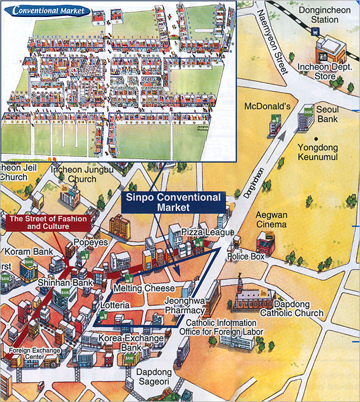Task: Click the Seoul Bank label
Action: [328, 114]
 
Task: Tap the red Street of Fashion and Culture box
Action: [48, 222]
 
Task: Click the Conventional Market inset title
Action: [50, 11]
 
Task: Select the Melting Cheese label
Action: [144, 289]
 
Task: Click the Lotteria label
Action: [114, 306]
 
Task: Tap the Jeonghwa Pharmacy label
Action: [184, 305]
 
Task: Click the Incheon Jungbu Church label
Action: [74, 174]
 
